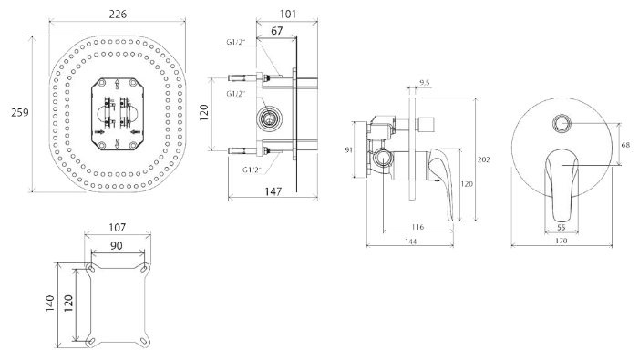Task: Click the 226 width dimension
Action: [118, 14]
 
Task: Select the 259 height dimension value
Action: [19, 112]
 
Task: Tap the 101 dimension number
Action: [288, 14]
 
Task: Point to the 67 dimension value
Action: [277, 31]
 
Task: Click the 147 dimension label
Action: [273, 191]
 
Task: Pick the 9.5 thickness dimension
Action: [425, 83]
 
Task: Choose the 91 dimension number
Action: [348, 149]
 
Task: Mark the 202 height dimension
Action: [483, 159]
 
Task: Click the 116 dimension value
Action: [418, 227]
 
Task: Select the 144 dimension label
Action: [411, 242]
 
